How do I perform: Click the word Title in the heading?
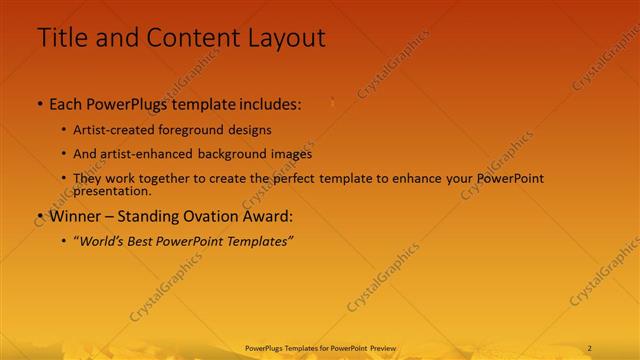click(x=61, y=38)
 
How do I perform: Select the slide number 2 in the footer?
click(x=590, y=347)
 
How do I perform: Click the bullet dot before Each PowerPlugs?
click(x=39, y=104)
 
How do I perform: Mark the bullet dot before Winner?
click(x=39, y=216)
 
